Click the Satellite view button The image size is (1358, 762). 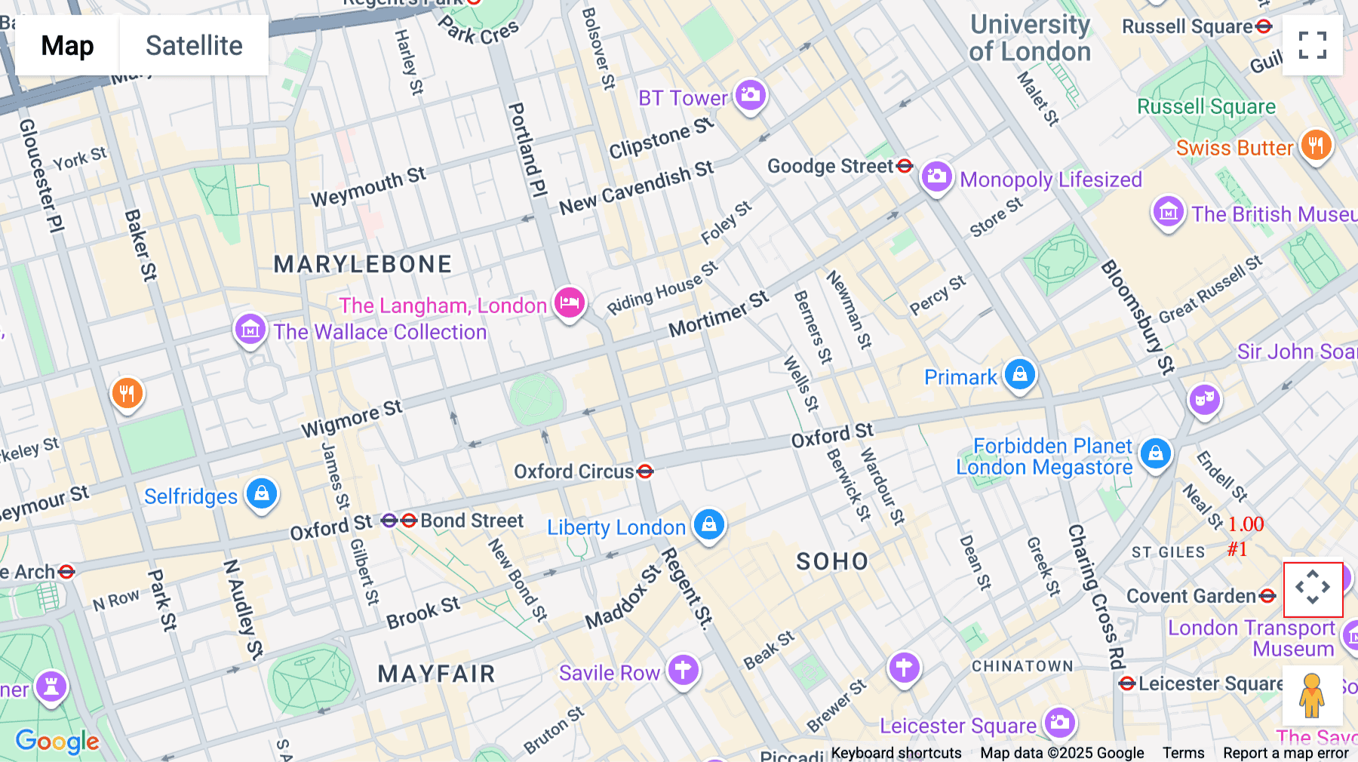coord(194,46)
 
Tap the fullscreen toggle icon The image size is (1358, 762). coord(1312,45)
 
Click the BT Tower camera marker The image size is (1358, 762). coord(750,95)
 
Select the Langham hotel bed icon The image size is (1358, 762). coord(570,303)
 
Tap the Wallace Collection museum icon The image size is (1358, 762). coord(250,329)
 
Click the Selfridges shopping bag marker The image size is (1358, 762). coord(262,493)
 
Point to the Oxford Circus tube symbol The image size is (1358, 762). coord(645,472)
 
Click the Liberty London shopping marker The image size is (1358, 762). coord(708,524)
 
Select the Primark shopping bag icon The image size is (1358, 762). coord(1020,374)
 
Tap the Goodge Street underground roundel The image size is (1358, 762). coord(905,166)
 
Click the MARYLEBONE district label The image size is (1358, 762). coord(363,264)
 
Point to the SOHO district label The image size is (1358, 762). coord(832,561)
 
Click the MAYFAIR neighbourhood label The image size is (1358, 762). coord(436,674)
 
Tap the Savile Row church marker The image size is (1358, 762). coord(683,669)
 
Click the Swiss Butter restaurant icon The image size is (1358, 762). coord(1316,145)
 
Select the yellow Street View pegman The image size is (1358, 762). coord(1312,695)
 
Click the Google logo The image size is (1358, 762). coord(57,742)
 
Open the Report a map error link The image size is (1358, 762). coord(1286,753)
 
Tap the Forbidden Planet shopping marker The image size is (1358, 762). coord(1155,453)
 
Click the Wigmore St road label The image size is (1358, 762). coord(352,419)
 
